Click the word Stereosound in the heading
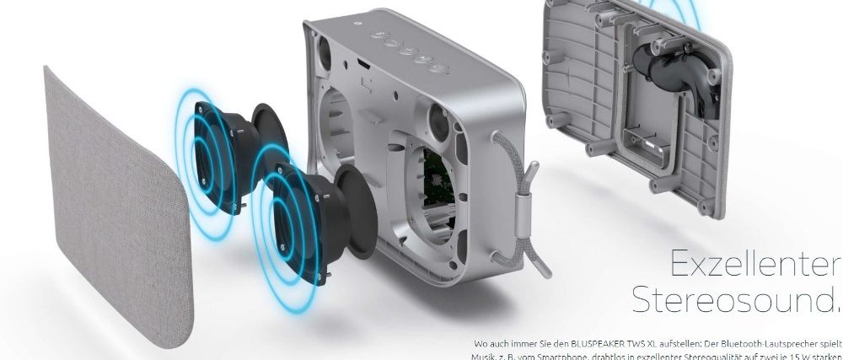[738, 298]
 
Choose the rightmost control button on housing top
[439, 68]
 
